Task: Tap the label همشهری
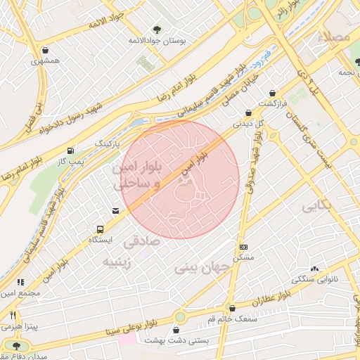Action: coord(46,62)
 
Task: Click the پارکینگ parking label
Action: coord(108,143)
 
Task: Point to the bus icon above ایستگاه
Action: coord(100,229)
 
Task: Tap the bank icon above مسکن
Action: coord(243,247)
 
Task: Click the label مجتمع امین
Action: coord(18,292)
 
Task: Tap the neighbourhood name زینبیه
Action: coord(118,263)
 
